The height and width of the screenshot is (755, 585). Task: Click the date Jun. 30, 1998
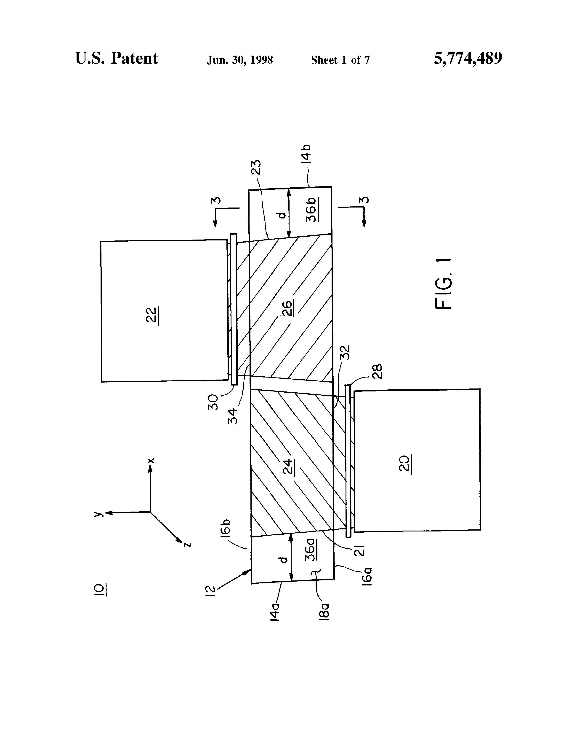[x=240, y=60]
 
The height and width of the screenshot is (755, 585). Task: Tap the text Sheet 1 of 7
[x=340, y=60]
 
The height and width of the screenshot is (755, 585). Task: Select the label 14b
[x=306, y=154]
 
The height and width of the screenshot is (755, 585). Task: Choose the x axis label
[x=151, y=460]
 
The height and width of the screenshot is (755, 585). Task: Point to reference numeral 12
[x=212, y=591]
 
